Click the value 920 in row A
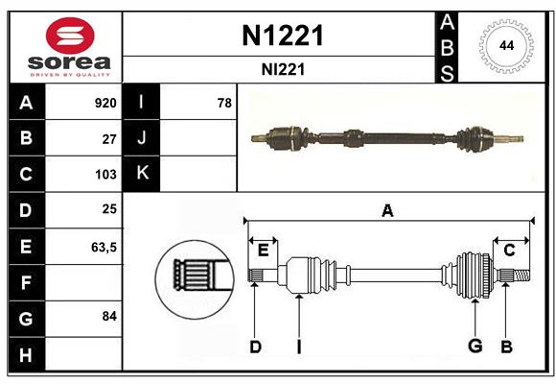[x=104, y=103]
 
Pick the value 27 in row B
[x=109, y=138]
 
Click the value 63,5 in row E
[x=104, y=247]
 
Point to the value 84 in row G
[x=109, y=316]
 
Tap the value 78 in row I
[x=224, y=103]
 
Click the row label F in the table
[x=25, y=282]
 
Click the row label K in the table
[x=142, y=174]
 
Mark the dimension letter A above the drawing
[x=387, y=210]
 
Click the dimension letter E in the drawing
[x=263, y=251]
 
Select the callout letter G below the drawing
[x=474, y=347]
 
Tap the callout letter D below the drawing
[x=255, y=347]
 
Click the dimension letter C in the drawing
[x=509, y=251]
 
